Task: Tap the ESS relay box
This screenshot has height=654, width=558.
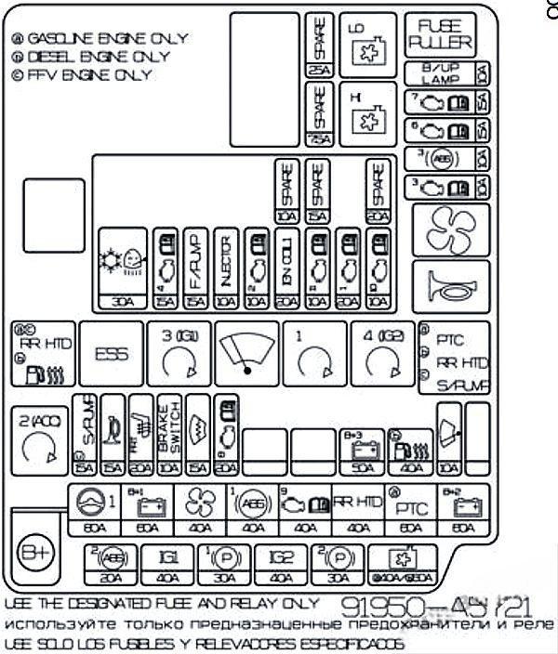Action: [112, 354]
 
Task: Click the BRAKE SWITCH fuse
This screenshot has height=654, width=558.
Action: [168, 433]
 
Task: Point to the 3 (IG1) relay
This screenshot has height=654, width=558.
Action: [178, 355]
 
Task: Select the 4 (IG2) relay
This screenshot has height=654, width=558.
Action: [381, 355]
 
